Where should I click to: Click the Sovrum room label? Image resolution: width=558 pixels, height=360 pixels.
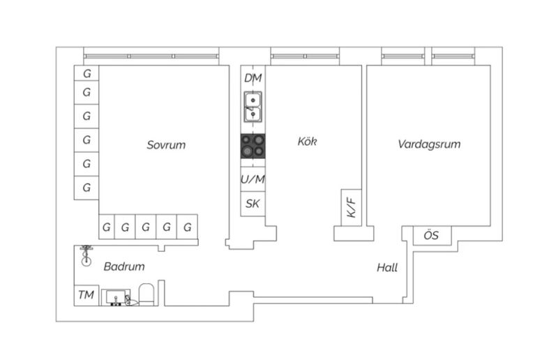pos(166,145)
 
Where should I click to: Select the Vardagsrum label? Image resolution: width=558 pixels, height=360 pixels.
pos(430,145)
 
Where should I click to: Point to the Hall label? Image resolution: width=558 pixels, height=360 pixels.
pos(387,267)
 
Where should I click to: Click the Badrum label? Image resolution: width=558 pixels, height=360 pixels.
pos(124,267)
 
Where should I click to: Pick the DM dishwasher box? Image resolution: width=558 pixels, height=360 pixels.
pos(253,79)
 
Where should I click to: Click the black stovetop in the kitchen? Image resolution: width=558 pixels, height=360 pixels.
pos(253,147)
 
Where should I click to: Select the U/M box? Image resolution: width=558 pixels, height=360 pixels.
pos(253,179)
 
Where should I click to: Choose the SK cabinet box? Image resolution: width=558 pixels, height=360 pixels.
pos(253,204)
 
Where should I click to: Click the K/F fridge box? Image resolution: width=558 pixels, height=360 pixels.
pos(352,207)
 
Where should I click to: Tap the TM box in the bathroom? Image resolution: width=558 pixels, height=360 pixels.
pos(86,295)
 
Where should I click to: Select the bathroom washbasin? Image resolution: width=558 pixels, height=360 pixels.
pos(117,298)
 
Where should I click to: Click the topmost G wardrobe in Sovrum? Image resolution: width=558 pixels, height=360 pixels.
pos(86,73)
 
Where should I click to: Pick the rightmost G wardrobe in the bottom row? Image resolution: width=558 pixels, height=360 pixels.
pos(188,227)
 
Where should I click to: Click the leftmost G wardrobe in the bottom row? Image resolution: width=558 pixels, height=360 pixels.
pos(106,227)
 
